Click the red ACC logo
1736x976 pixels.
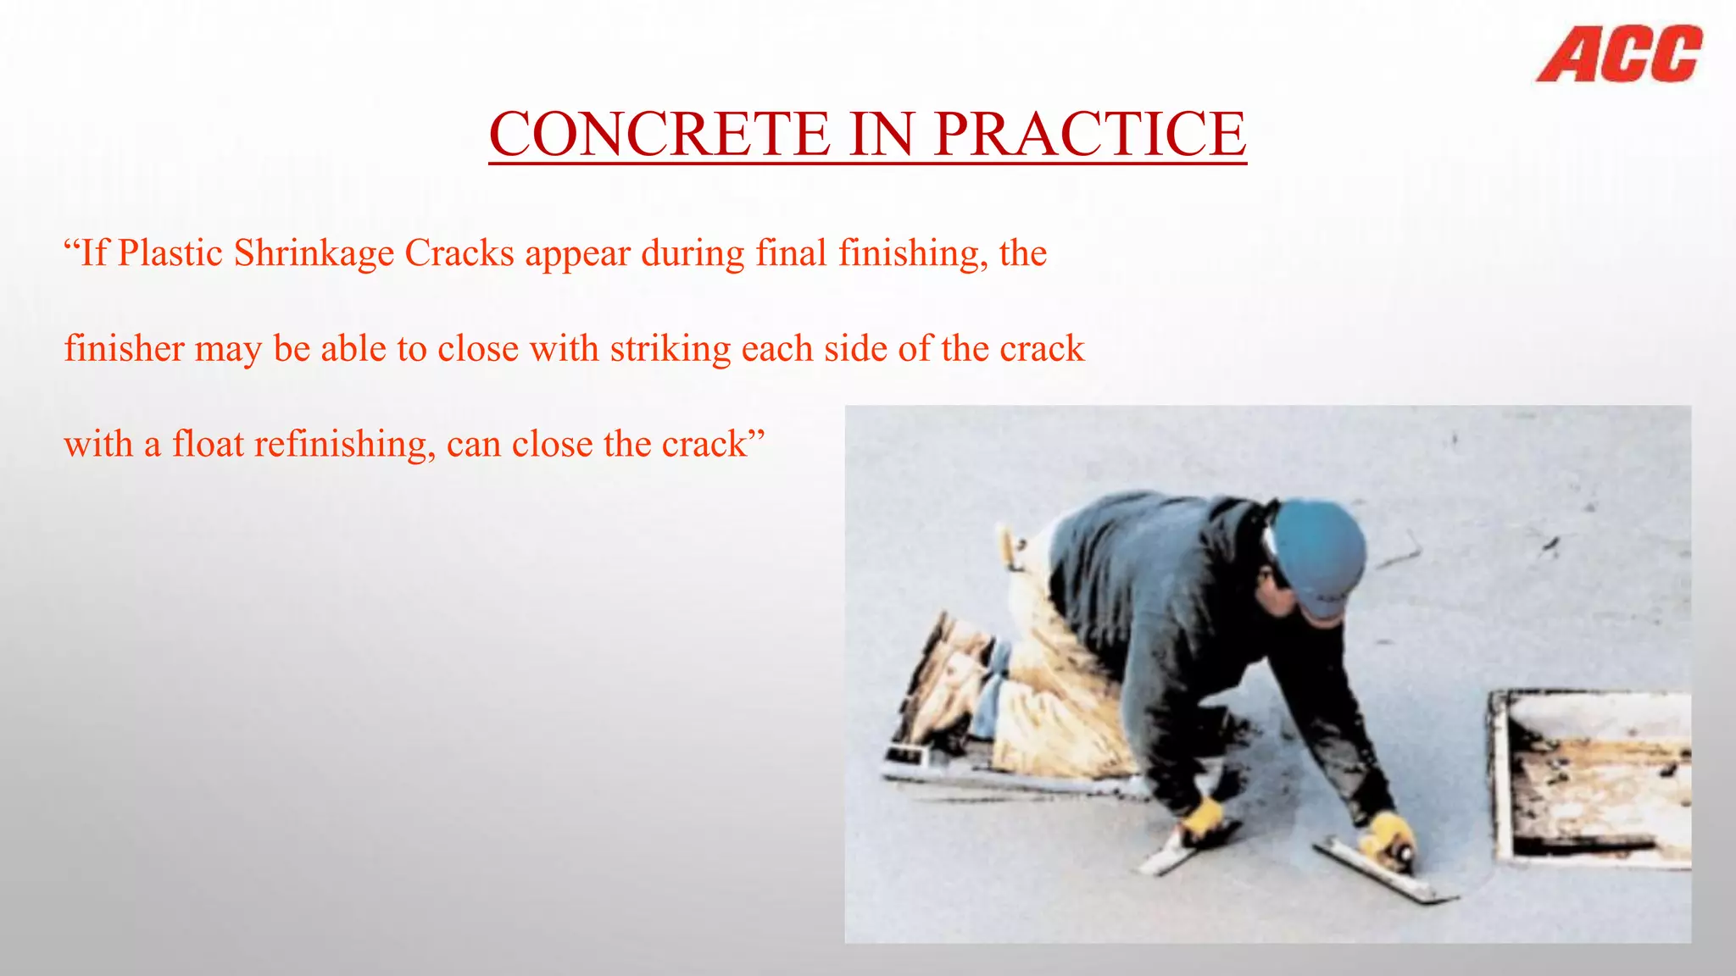(x=1618, y=54)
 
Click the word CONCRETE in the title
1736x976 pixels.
(x=659, y=134)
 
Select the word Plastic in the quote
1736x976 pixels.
(x=170, y=253)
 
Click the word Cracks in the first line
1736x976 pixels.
(x=459, y=253)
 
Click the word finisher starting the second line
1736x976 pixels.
(x=124, y=349)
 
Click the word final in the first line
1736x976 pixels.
(x=790, y=253)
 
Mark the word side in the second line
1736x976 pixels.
(x=855, y=349)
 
